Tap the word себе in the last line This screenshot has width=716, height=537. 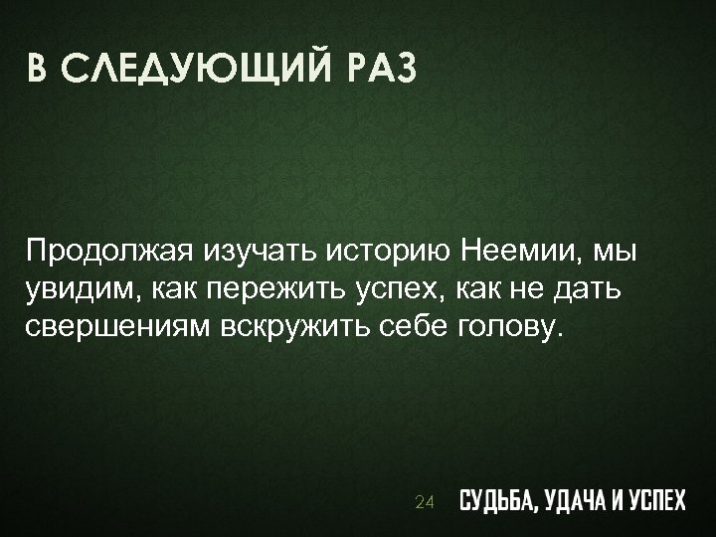[x=417, y=329]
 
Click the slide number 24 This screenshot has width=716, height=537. [x=424, y=503]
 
